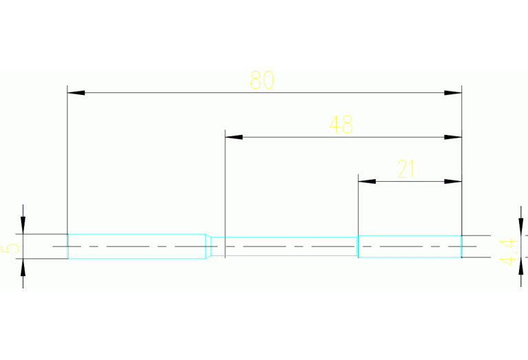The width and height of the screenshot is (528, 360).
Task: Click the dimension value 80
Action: click(262, 81)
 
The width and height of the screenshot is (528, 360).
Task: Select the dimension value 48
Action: click(341, 125)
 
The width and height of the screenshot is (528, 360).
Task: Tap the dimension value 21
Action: click(406, 169)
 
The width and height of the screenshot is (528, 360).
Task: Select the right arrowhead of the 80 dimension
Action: click(453, 92)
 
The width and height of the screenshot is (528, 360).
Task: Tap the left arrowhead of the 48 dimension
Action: click(234, 137)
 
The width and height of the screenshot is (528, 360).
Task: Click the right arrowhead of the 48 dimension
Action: click(453, 137)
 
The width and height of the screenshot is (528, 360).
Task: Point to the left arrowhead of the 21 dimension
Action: click(366, 182)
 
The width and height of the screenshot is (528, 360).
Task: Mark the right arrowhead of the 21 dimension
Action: click(453, 182)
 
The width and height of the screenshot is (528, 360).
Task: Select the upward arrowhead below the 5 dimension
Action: click(23, 267)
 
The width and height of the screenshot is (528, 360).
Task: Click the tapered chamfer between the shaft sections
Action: click(209, 246)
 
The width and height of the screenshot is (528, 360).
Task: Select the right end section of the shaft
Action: click(409, 246)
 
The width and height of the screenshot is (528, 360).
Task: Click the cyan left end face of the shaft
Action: click(67, 246)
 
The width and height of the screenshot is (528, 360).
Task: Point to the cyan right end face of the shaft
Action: click(461, 246)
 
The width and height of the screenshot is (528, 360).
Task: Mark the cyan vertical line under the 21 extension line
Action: click(358, 246)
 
